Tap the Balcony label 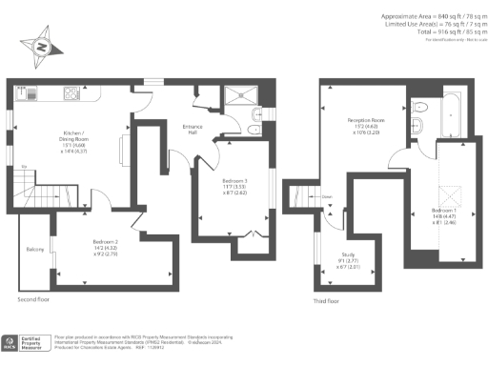coord(35,250)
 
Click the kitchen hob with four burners coord(71,92)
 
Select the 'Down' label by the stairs coord(326,200)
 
